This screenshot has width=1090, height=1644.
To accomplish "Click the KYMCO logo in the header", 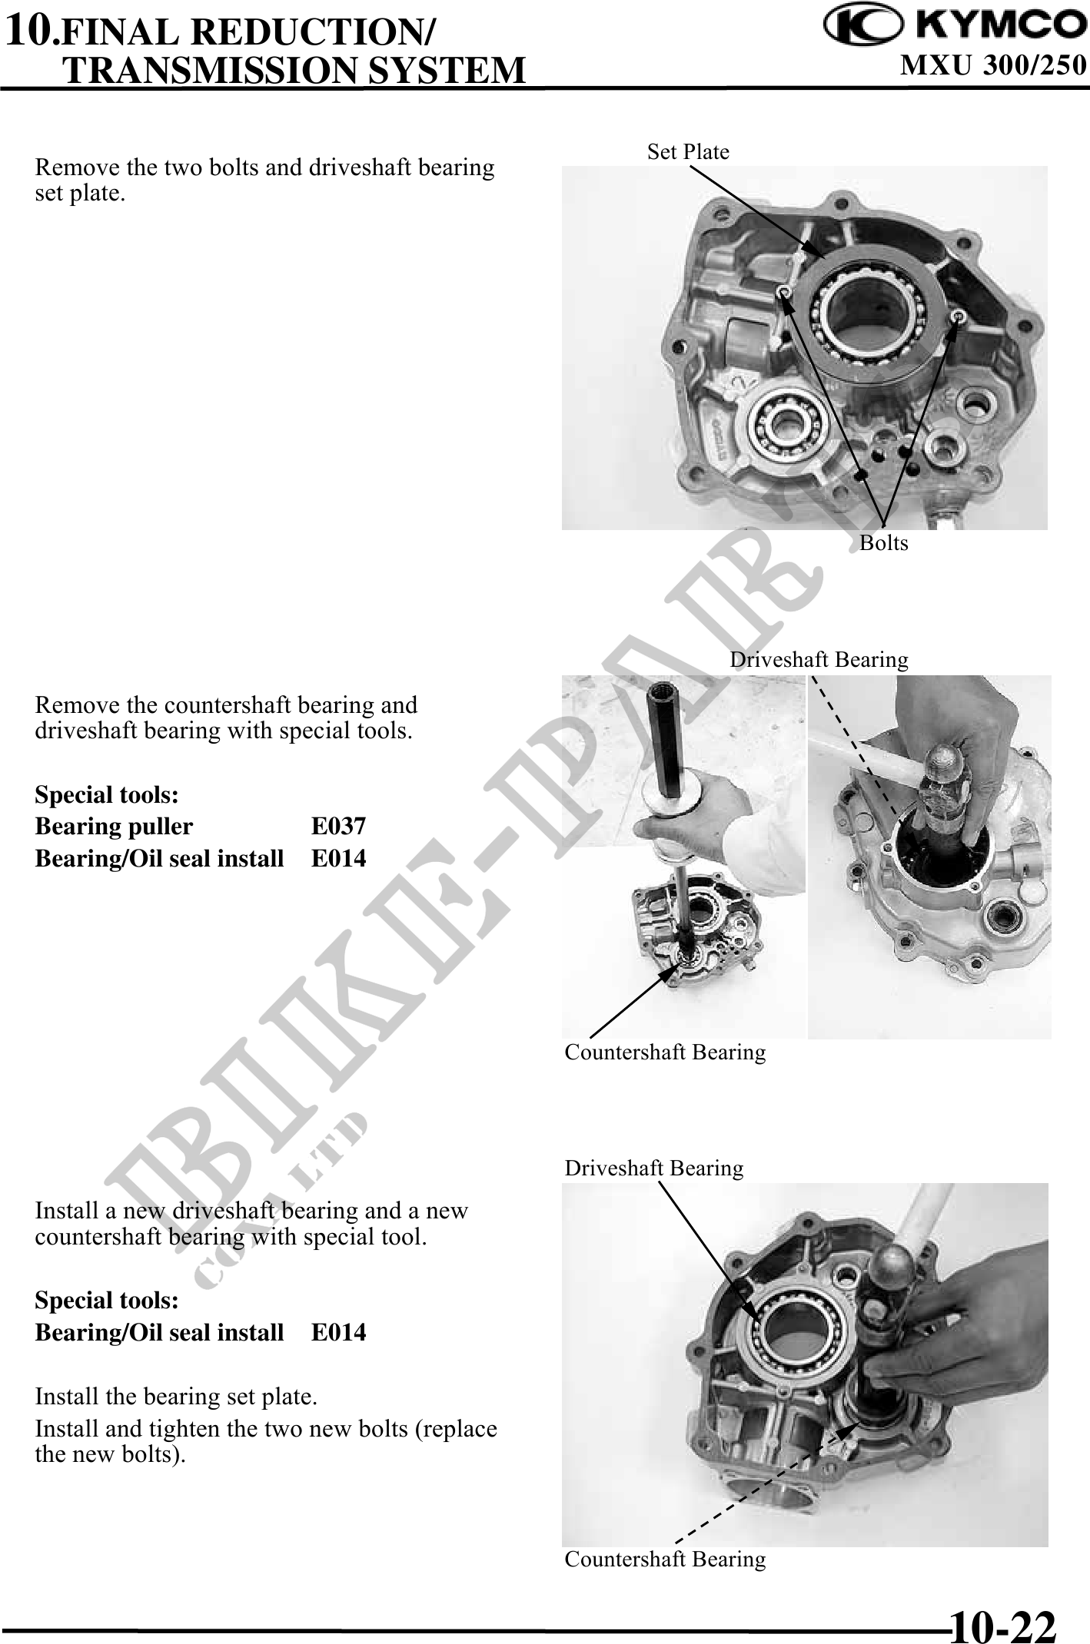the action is (955, 26).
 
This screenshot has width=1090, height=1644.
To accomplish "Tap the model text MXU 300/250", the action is (993, 65).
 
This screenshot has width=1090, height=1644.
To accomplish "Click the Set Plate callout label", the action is (688, 151).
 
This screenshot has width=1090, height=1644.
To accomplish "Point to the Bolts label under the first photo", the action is (883, 542).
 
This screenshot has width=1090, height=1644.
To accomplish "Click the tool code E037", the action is (338, 827).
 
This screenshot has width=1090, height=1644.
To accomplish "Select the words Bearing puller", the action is (114, 827).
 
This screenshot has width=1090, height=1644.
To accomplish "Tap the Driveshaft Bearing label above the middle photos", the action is (819, 659).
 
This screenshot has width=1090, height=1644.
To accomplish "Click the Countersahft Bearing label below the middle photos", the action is (665, 1052).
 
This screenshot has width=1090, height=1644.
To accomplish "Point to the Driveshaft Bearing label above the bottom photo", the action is (654, 1168).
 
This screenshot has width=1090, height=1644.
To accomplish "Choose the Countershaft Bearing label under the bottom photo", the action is (665, 1559).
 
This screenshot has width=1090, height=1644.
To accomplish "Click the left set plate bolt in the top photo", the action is (783, 292).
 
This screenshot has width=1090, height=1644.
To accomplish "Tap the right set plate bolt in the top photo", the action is (958, 316).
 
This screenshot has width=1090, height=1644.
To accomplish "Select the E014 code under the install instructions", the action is (338, 1332).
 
